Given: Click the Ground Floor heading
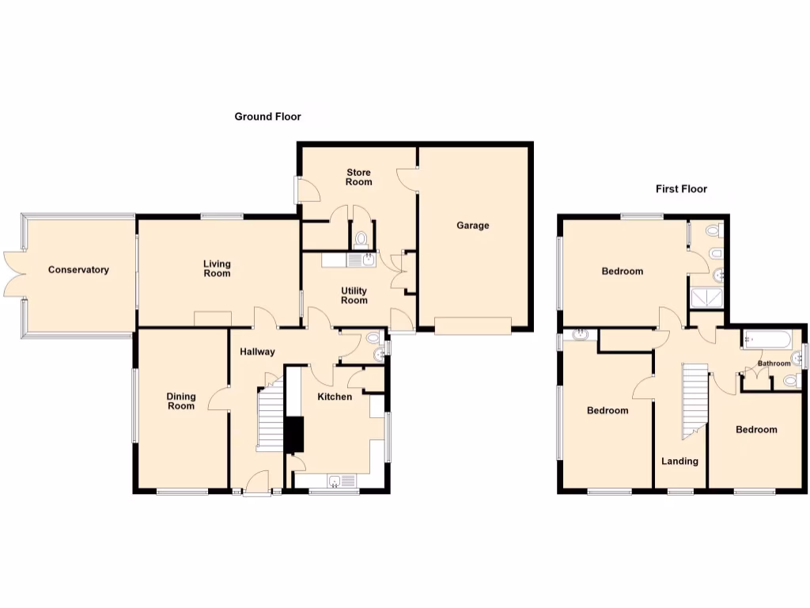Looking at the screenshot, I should [x=267, y=116].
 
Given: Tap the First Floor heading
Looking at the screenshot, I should [x=681, y=189].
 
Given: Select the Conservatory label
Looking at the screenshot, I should [x=78, y=270].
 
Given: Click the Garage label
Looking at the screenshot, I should [x=473, y=226].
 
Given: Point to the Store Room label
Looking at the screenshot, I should [x=358, y=177].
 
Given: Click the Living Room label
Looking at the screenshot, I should [x=217, y=268].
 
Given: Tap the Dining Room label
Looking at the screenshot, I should [x=180, y=401].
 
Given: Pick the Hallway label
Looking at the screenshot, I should [x=258, y=351].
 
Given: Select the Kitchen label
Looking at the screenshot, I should [x=335, y=397].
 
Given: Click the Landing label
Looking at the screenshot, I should [x=679, y=461].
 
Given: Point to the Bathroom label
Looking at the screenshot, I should [x=774, y=364].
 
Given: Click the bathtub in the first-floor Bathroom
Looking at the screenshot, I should [x=766, y=341].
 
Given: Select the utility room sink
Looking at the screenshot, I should [x=362, y=259].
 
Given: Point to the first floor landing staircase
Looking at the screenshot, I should [x=693, y=400].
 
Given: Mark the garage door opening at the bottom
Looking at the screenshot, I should [x=473, y=325].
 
